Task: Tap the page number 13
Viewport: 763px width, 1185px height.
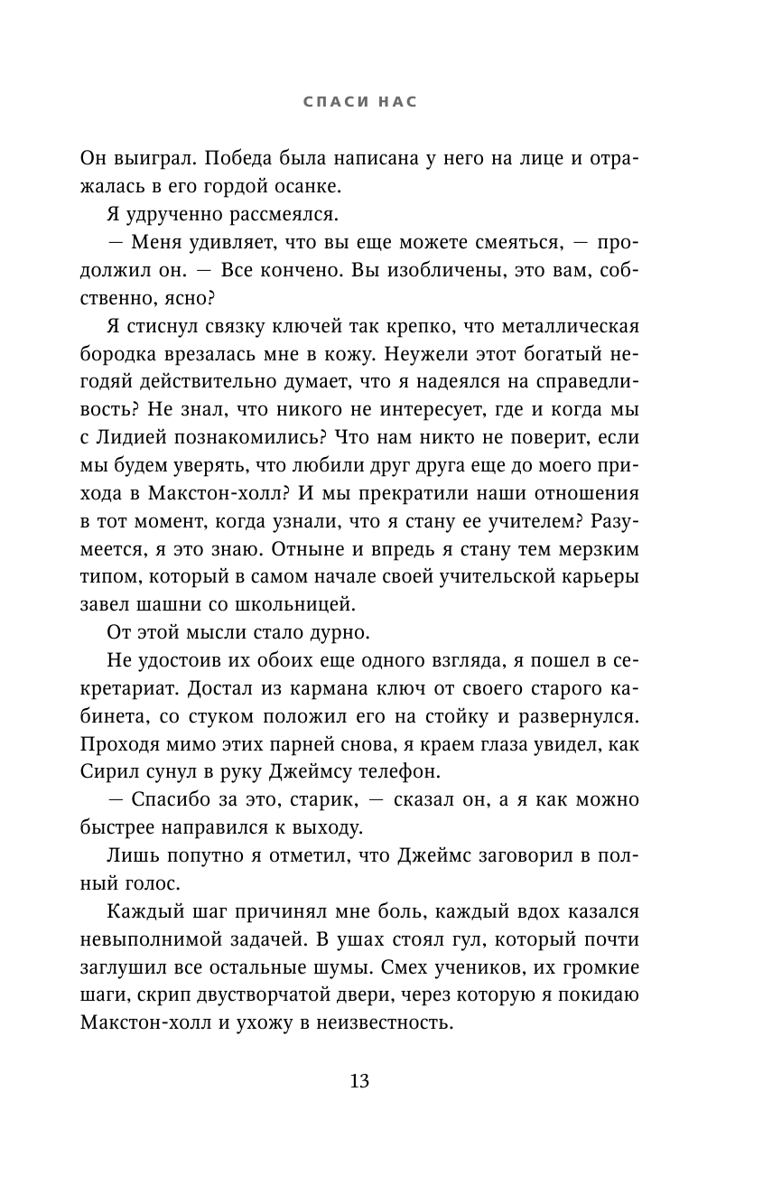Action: (359, 1081)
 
